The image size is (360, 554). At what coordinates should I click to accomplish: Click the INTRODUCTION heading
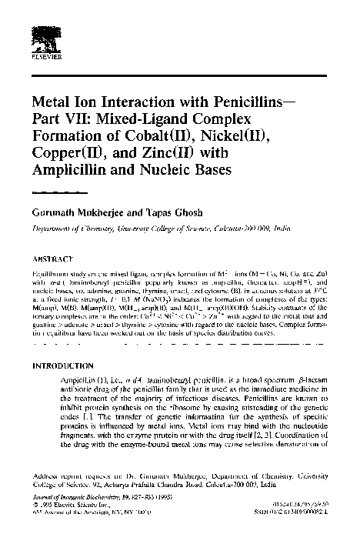click(x=65, y=365)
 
